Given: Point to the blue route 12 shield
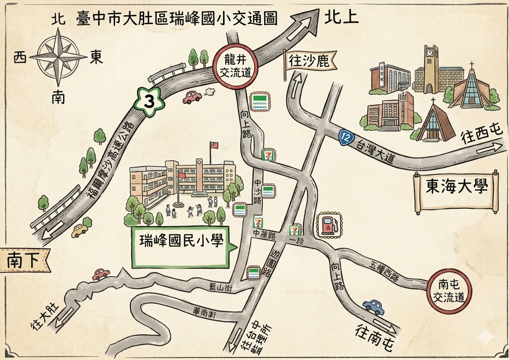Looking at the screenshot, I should [344, 137].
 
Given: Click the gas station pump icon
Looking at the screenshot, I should [329, 225].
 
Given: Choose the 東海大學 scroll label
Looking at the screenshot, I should [456, 188].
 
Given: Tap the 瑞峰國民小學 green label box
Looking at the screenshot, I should [181, 247].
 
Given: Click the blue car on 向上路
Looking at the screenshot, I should [374, 307].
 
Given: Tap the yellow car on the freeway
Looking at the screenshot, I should [80, 230].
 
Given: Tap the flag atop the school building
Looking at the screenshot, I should [213, 145].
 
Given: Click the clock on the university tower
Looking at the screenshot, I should [429, 53].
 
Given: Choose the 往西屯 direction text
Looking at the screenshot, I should [482, 136].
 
